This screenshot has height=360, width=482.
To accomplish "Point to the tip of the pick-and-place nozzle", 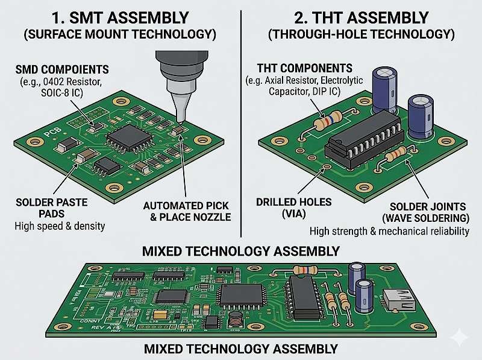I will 179,121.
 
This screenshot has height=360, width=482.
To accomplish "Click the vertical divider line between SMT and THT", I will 240,121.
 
